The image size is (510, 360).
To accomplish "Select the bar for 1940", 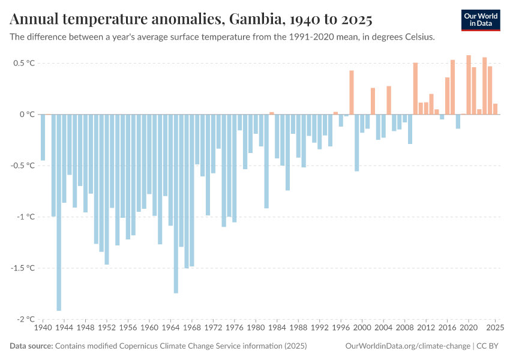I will pyautogui.click(x=43, y=137).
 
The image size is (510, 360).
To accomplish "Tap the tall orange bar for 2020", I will pyautogui.click(x=469, y=85).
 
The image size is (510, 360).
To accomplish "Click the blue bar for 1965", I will pyautogui.click(x=176, y=203).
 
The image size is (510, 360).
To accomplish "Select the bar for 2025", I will pyautogui.click(x=495, y=109).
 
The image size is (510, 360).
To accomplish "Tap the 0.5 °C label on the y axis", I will pyautogui.click(x=23, y=63).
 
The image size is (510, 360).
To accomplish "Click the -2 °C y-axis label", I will pyautogui.click(x=25, y=319).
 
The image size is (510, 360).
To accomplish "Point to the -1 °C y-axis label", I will pyautogui.click(x=25, y=217).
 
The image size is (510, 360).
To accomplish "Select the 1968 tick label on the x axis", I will pyautogui.click(x=192, y=328).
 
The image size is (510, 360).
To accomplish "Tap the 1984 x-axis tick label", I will pyautogui.click(x=277, y=328).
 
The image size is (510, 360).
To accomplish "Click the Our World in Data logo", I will pyautogui.click(x=481, y=20).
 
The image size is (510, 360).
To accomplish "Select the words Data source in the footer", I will pyautogui.click(x=31, y=346).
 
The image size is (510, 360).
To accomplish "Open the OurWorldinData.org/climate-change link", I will pyautogui.click(x=407, y=346).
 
